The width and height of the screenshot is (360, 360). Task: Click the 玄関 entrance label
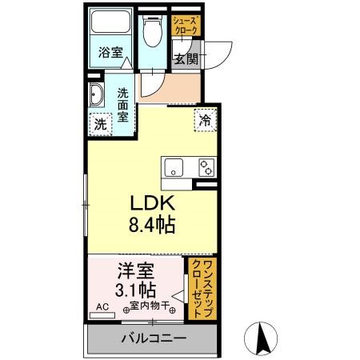(x=186, y=58)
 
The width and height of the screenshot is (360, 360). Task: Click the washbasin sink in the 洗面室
(x=96, y=94)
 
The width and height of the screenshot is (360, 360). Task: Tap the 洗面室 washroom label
(x=125, y=103)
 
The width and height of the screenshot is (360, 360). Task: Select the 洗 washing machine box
(x=100, y=124)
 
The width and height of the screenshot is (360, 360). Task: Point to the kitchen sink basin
(x=174, y=167)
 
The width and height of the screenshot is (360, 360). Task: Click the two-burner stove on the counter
(x=206, y=167)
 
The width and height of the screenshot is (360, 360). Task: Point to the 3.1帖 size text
(x=135, y=290)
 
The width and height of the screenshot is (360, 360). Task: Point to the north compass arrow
(x=261, y=339)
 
